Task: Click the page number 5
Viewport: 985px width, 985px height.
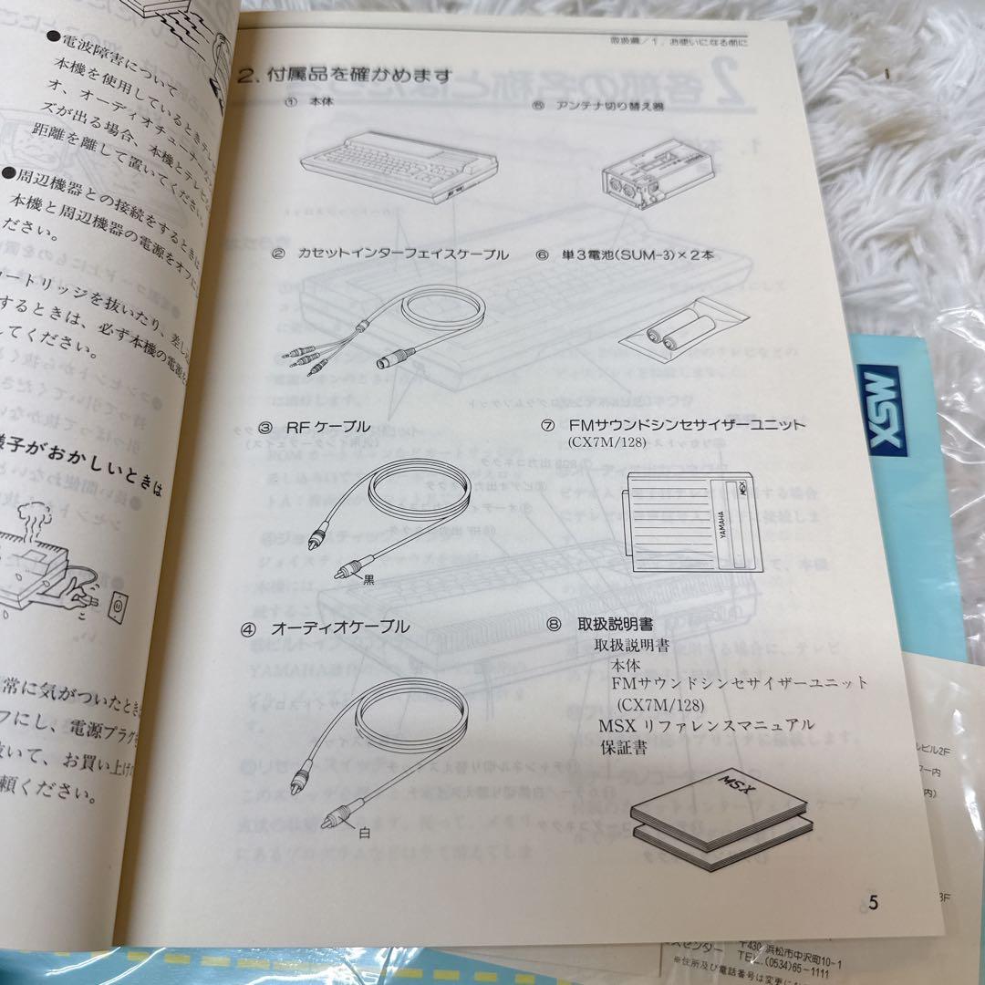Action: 873,903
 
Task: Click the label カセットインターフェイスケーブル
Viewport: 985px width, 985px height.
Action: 403,254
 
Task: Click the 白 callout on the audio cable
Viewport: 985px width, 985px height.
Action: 365,831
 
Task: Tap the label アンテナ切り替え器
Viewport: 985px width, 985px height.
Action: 622,105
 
